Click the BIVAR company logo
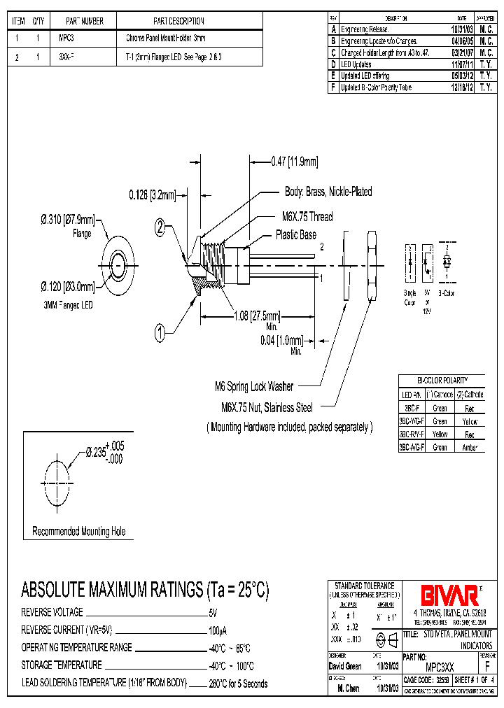click(449, 595)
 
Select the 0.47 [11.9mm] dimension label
click(294, 162)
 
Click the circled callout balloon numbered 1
click(160, 335)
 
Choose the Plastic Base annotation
click(295, 235)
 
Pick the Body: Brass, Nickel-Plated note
click(328, 192)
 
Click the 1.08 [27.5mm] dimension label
click(257, 315)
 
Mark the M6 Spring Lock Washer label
click(253, 386)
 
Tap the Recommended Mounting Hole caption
click(79, 532)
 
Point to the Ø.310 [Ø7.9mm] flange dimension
click(67, 220)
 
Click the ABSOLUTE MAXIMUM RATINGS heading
click(145, 590)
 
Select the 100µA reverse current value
click(218, 630)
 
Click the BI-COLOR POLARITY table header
click(441, 379)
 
